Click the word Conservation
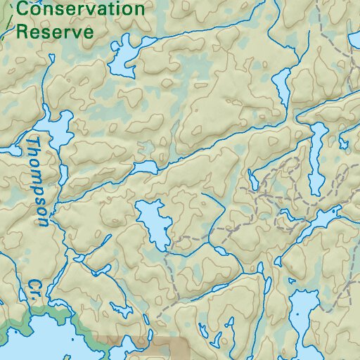(x=80, y=10)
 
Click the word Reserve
(x=55, y=32)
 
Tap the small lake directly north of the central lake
(x=146, y=167)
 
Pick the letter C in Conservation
(x=23, y=10)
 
